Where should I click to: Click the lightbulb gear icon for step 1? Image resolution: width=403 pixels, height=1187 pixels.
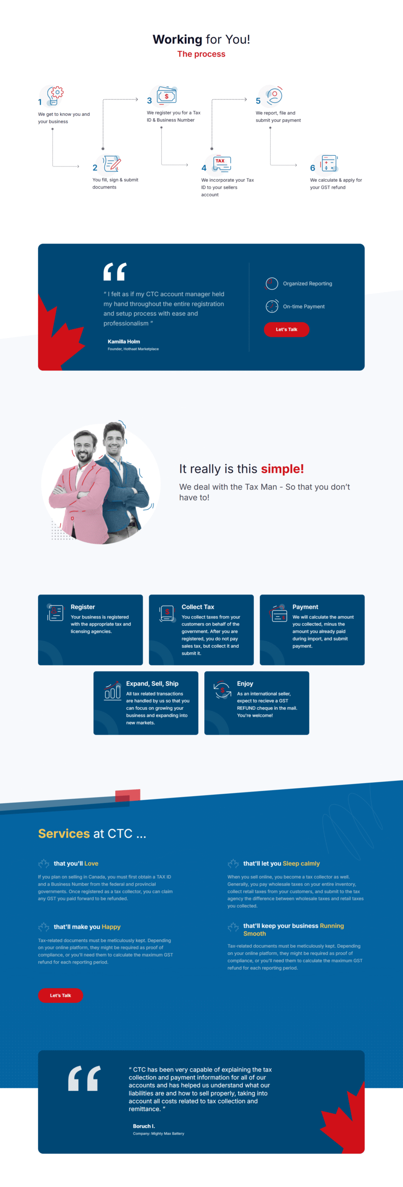click(x=55, y=96)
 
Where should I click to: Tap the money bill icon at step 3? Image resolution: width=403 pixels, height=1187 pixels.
click(x=167, y=95)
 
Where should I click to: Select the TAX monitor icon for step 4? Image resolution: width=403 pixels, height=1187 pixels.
click(x=221, y=164)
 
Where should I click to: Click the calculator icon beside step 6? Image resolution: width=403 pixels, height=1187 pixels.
click(x=329, y=164)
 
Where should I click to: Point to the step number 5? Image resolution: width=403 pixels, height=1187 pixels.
click(x=258, y=101)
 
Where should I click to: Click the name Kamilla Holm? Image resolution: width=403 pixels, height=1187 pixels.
click(x=124, y=341)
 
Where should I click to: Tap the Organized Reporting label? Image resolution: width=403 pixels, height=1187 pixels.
click(x=308, y=283)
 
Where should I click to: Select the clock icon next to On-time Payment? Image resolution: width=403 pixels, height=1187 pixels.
click(x=272, y=306)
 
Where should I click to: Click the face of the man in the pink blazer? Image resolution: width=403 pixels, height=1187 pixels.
click(x=83, y=447)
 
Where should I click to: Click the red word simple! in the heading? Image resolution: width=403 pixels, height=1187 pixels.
click(x=282, y=469)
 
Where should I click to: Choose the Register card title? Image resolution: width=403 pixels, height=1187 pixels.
click(x=82, y=606)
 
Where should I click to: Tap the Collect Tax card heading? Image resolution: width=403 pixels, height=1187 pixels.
click(x=198, y=606)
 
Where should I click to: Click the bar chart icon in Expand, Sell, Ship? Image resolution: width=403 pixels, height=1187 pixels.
click(x=112, y=691)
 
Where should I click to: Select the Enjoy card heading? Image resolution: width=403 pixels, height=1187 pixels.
click(x=245, y=683)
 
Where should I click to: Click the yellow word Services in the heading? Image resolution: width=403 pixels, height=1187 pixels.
click(x=64, y=833)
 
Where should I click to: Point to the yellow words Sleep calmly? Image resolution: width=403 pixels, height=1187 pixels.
click(x=301, y=863)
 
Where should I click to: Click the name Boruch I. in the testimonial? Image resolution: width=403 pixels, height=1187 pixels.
click(x=144, y=1126)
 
